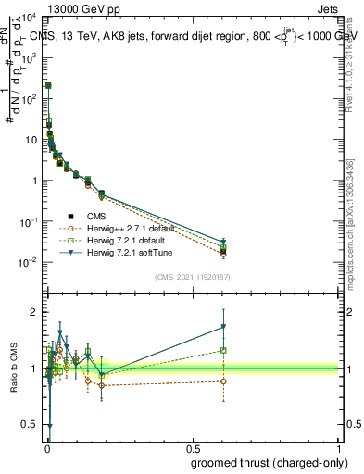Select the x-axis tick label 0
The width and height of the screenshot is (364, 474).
(x=47, y=447)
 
